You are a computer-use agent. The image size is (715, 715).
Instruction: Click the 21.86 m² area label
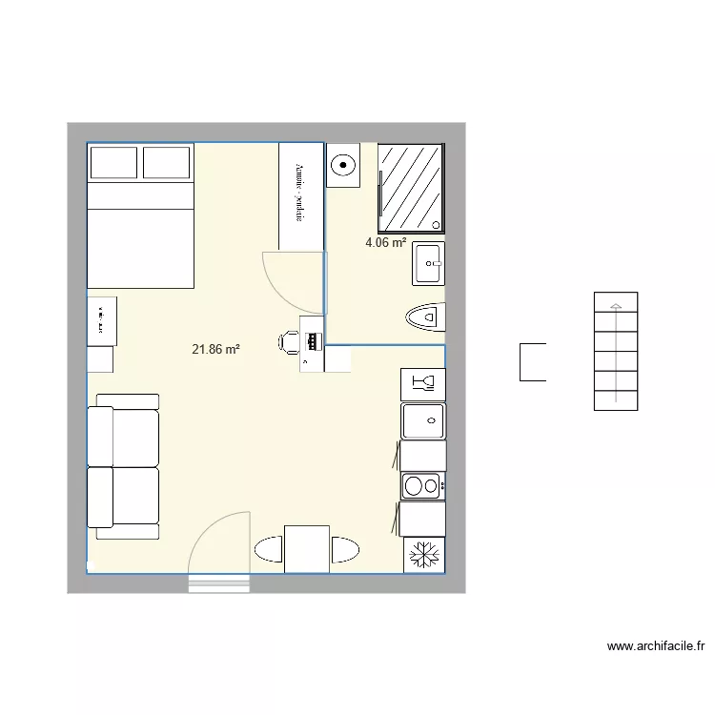tap(215, 350)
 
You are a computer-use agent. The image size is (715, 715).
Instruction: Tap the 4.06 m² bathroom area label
tap(386, 243)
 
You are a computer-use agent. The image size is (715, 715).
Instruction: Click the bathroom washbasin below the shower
tap(429, 262)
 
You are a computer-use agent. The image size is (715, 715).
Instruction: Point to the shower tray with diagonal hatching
tap(412, 187)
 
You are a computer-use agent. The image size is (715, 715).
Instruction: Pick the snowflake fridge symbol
tap(421, 554)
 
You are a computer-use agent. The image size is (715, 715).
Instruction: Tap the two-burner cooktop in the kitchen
tap(421, 486)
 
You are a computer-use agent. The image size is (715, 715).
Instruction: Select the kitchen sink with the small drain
tap(421, 419)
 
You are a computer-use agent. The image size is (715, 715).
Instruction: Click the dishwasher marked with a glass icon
tap(422, 383)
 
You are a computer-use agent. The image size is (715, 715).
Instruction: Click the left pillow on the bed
tap(113, 163)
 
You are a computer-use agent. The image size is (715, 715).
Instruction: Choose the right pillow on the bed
tap(168, 163)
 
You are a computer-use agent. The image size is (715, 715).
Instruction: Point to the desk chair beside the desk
tap(290, 340)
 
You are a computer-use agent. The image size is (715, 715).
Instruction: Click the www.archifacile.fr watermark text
tap(655, 646)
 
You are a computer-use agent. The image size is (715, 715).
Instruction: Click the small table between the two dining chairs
tap(307, 548)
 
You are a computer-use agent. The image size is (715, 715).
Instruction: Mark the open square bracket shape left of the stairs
tap(532, 361)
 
